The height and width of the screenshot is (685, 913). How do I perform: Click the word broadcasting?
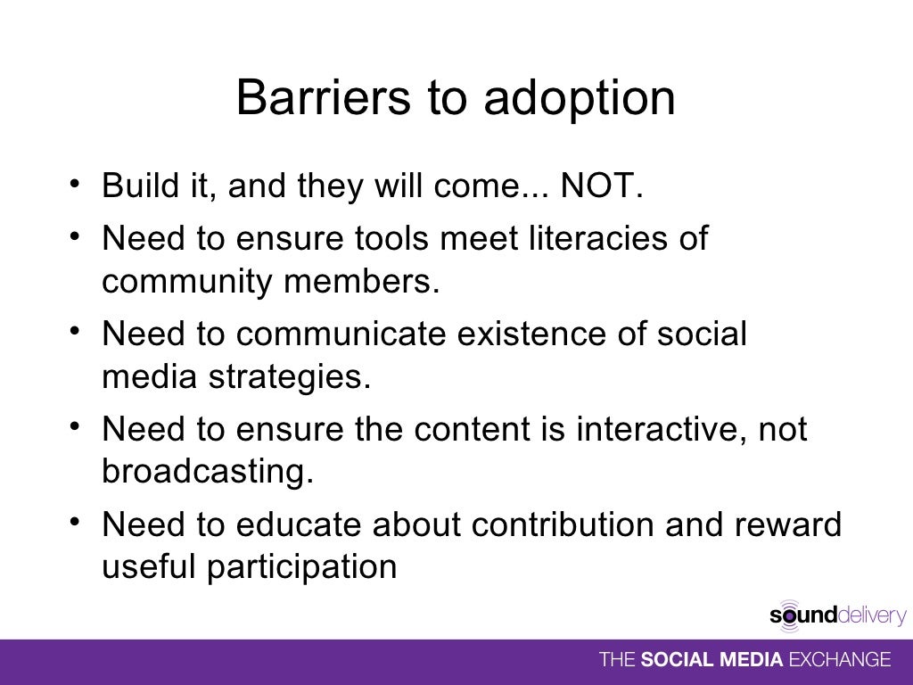(x=208, y=473)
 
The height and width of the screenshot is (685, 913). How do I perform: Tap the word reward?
(x=788, y=525)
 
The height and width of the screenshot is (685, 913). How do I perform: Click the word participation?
(x=301, y=568)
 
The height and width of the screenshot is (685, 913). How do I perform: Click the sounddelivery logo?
(x=837, y=615)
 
